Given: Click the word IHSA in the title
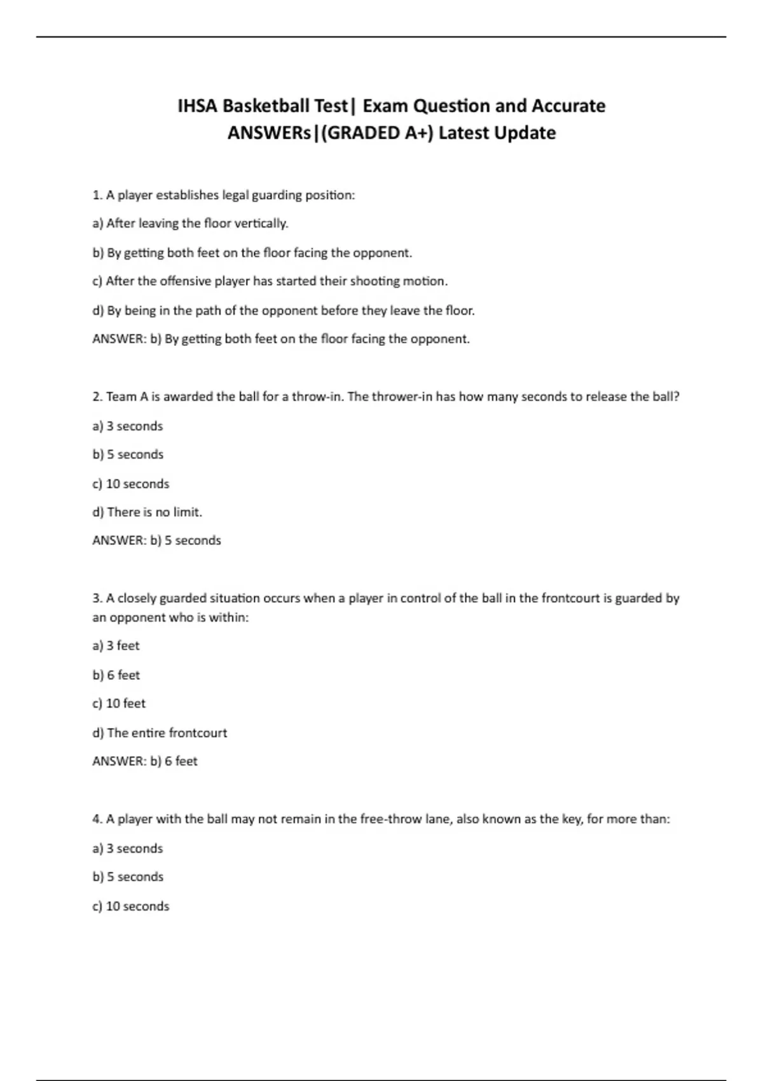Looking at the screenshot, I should pos(197,106).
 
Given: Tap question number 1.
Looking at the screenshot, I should pos(97,195).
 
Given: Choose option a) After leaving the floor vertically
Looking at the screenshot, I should pos(190,223).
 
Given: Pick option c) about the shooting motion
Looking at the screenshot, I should pos(270,281).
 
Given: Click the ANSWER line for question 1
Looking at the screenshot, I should pos(280,339).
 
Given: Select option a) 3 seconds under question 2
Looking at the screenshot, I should pos(127,426).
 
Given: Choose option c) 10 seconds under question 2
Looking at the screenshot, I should pos(130,484).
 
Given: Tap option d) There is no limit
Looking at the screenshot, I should pos(147,512).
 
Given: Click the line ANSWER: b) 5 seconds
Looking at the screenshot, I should pos(156,540).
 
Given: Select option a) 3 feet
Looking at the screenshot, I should pos(116,646).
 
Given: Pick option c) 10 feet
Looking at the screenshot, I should pos(119,703).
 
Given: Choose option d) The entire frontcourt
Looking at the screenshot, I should pos(160,733).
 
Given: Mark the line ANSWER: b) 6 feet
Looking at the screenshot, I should pos(145,761).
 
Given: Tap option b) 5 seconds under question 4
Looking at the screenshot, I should pos(128,877).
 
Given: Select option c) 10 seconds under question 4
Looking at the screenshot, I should pos(130,906).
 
